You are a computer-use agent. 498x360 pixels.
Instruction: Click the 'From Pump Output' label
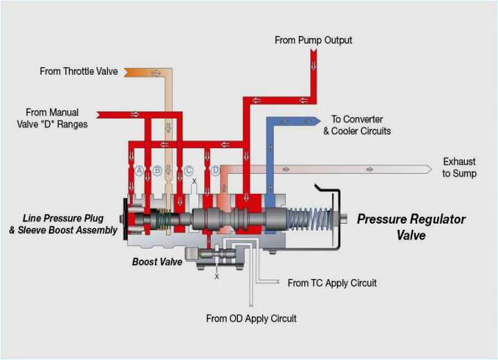313,40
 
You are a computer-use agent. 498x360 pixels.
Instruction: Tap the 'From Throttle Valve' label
79,71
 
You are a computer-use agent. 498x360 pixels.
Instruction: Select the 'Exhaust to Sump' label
459,168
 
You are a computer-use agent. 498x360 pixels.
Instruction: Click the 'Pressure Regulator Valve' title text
411,227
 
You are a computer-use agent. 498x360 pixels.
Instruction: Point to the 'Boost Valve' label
157,262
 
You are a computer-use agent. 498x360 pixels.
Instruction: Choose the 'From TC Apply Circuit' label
332,283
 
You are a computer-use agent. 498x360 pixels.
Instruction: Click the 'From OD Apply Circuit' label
251,318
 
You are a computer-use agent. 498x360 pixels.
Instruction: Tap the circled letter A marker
139,170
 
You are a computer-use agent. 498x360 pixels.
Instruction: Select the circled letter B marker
157,170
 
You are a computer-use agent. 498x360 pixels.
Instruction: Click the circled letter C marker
188,170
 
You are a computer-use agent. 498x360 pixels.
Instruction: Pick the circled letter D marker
216,170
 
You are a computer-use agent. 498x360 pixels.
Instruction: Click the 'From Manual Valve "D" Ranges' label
52,118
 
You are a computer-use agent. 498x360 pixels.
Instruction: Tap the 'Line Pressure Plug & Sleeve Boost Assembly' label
63,224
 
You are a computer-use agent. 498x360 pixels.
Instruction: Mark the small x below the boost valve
216,276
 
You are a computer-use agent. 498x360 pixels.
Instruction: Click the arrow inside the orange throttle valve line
156,73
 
